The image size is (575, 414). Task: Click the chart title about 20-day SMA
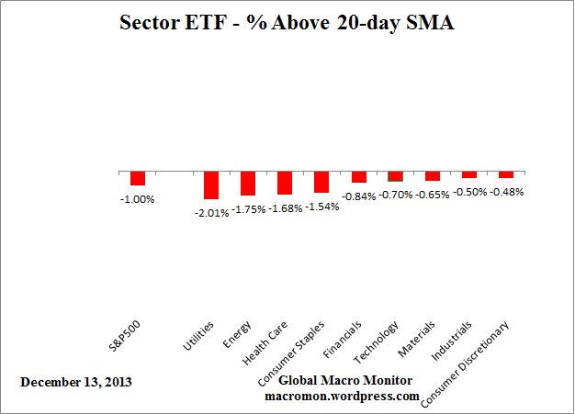287,23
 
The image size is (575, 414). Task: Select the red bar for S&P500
138,179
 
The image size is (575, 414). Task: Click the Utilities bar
211,185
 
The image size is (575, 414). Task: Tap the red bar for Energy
248,184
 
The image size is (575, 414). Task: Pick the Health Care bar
285,184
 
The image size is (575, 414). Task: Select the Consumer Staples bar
321,182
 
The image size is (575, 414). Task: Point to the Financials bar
359,177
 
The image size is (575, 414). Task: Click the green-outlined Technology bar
396,176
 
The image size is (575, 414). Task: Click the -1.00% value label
138,199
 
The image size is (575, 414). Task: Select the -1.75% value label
248,209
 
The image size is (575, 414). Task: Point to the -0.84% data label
359,196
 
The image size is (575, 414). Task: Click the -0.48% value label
506,192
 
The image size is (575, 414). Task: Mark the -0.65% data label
433,195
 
